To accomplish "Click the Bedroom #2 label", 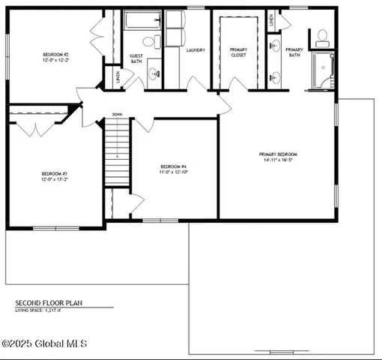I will click(x=55, y=55).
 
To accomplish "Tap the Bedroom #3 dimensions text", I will click(x=55, y=180).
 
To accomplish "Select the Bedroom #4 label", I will click(x=173, y=166).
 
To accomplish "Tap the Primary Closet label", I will click(x=239, y=52).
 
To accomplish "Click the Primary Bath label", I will click(x=294, y=52).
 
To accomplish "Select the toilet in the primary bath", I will click(x=323, y=36).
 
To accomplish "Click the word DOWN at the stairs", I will click(x=117, y=115).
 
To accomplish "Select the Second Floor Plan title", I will click(x=48, y=304).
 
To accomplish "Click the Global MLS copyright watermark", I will click(x=45, y=343).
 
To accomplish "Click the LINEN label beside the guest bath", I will click(x=118, y=76).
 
